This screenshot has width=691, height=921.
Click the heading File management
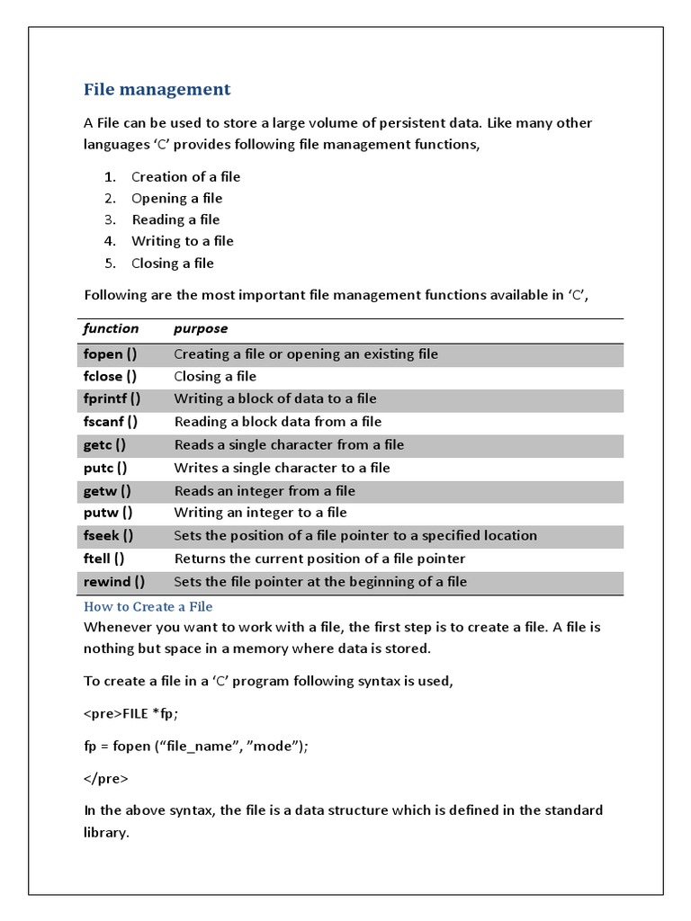[157, 89]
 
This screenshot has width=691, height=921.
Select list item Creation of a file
[185, 176]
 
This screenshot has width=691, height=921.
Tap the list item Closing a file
[172, 263]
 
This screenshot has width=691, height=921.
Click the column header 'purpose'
[201, 328]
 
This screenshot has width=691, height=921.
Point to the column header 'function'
[111, 328]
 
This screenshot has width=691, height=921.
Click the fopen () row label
[110, 353]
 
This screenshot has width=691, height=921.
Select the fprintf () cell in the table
[112, 398]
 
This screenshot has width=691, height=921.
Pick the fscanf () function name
[110, 421]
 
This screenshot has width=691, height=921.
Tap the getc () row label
[104, 444]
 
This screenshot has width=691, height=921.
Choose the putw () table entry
[107, 512]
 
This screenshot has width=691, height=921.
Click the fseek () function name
[108, 535]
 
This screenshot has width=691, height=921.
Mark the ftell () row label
[103, 558]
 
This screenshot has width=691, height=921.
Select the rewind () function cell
[113, 581]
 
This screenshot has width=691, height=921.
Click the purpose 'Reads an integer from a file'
[264, 490]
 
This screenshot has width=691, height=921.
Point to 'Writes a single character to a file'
[282, 468]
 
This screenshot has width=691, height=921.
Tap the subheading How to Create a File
[148, 607]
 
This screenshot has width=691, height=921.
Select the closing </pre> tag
[105, 778]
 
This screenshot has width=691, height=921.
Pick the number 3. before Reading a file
[110, 219]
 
